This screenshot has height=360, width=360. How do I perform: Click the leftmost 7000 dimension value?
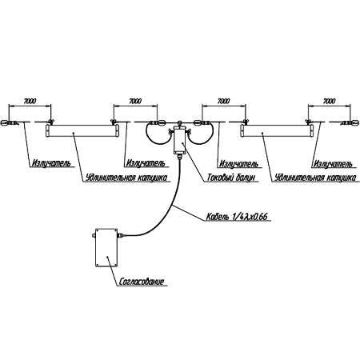pos(30,102)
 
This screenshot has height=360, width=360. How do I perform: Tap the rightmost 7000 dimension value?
pos(329,102)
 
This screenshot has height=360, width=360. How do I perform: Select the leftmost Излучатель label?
pos(51,163)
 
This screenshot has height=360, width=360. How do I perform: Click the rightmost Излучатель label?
pos(333,163)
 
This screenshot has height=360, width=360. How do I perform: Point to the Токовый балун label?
pos(231,178)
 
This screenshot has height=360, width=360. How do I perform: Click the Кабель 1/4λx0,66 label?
pos(237,217)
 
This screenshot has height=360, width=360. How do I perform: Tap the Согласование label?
pos(142,282)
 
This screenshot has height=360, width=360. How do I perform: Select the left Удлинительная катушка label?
pos(127,178)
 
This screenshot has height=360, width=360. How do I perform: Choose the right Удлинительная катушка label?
pos(315,178)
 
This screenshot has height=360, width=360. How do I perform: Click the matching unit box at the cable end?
pos(106,247)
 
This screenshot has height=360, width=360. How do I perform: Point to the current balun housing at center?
pos(179,140)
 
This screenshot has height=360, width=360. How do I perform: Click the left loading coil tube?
pos(82,131)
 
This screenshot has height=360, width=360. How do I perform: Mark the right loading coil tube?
pos(277,131)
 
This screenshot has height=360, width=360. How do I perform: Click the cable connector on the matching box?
pos(121,235)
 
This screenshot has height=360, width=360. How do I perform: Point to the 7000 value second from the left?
pos(135,102)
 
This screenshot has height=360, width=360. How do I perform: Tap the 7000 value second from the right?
pos(223,102)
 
